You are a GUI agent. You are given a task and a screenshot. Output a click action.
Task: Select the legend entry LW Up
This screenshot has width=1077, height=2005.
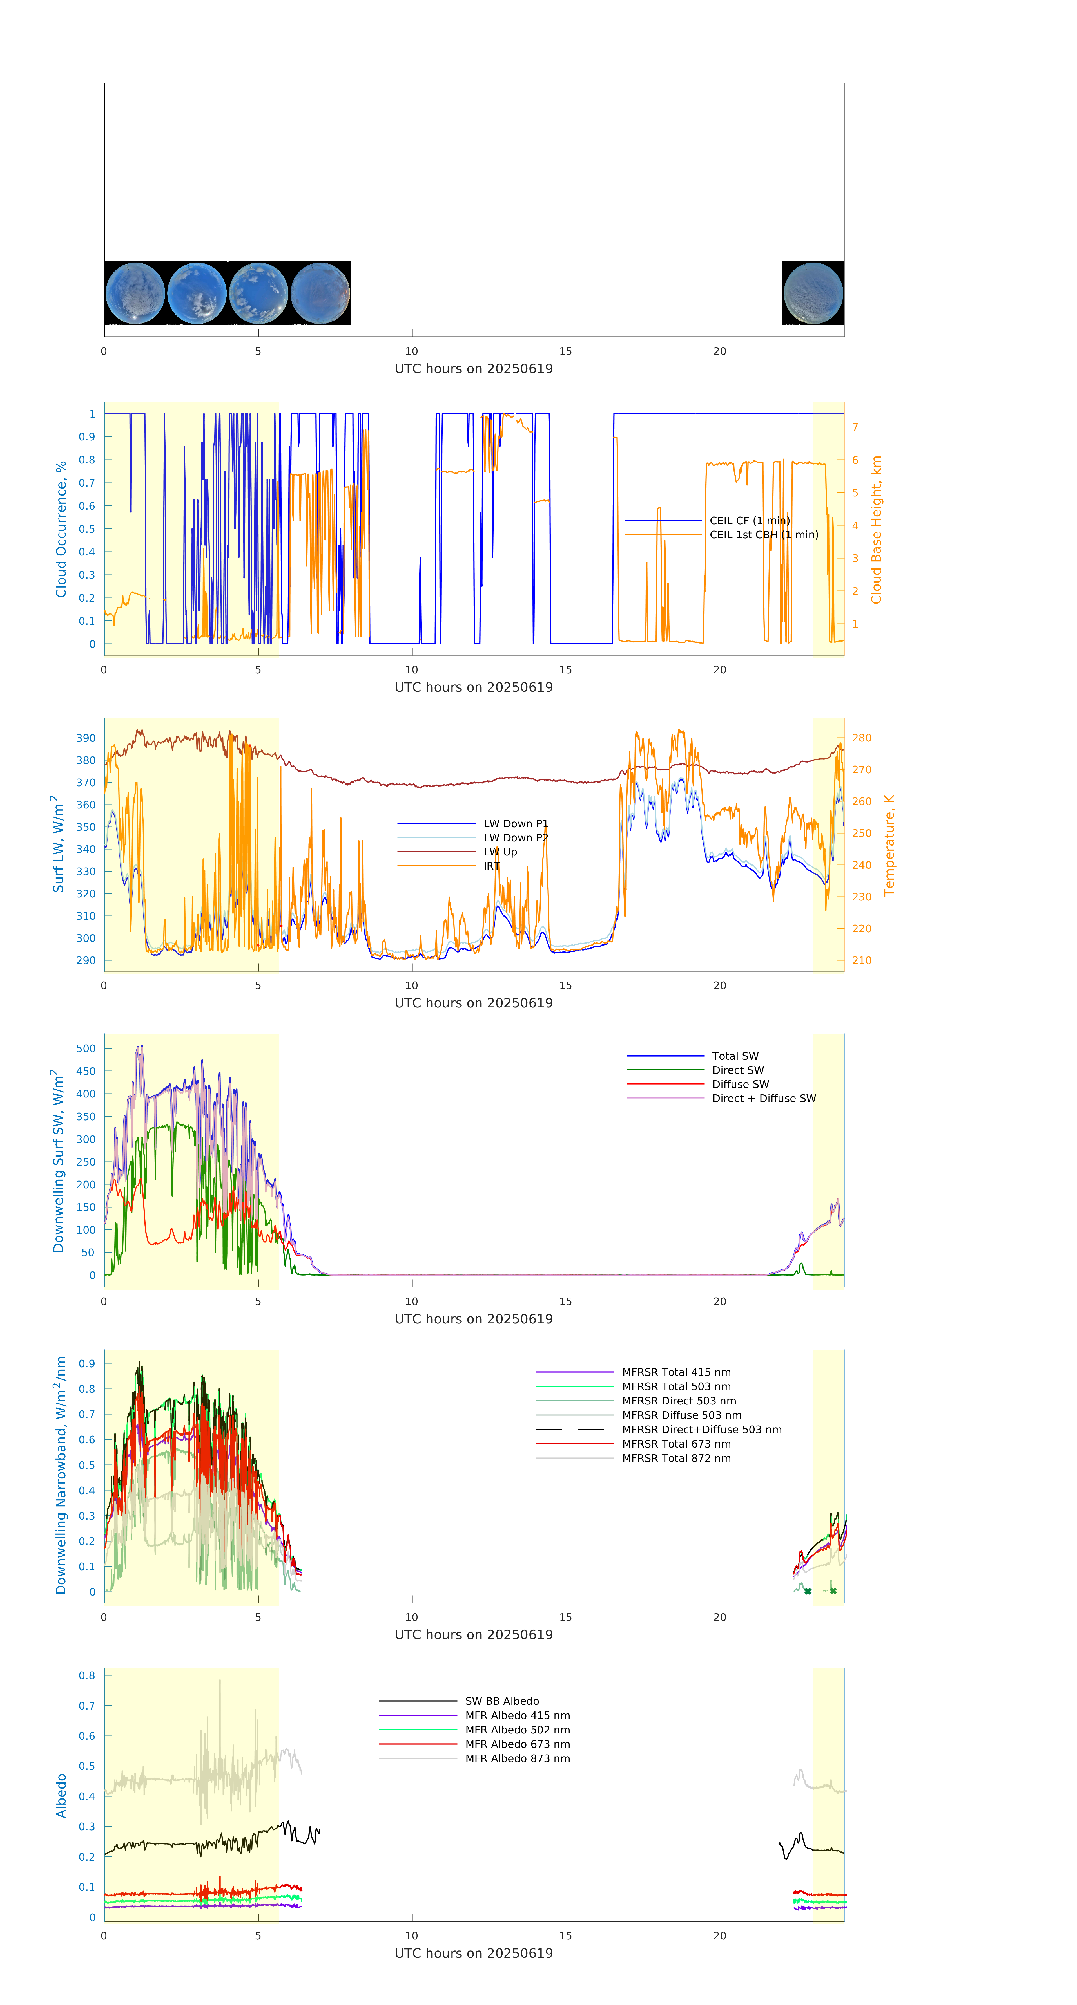point(500,852)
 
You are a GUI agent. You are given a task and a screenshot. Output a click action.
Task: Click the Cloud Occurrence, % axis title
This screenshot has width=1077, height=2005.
point(61,529)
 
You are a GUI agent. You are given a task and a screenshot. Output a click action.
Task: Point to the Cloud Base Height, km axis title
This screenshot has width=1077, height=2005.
point(876,529)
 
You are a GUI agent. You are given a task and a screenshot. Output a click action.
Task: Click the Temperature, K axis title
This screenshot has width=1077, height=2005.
point(889,845)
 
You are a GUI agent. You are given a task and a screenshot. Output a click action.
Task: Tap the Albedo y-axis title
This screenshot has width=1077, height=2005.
point(61,1796)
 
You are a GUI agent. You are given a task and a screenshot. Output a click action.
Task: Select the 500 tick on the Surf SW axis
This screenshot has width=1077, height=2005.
point(86,1049)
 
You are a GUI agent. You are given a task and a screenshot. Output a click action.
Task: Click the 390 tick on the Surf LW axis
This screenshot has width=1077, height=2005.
point(86,738)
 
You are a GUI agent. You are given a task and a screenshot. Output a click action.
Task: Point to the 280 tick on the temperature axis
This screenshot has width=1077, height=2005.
point(861,738)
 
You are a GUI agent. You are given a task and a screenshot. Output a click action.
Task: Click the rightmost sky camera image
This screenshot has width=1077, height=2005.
point(813,294)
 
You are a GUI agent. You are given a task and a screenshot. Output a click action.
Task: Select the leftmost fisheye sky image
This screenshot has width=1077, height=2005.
point(135,294)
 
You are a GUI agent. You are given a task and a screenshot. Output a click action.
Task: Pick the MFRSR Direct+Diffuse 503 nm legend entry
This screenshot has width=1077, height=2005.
point(701,1429)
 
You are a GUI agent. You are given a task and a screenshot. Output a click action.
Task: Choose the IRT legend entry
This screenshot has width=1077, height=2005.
point(491,866)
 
